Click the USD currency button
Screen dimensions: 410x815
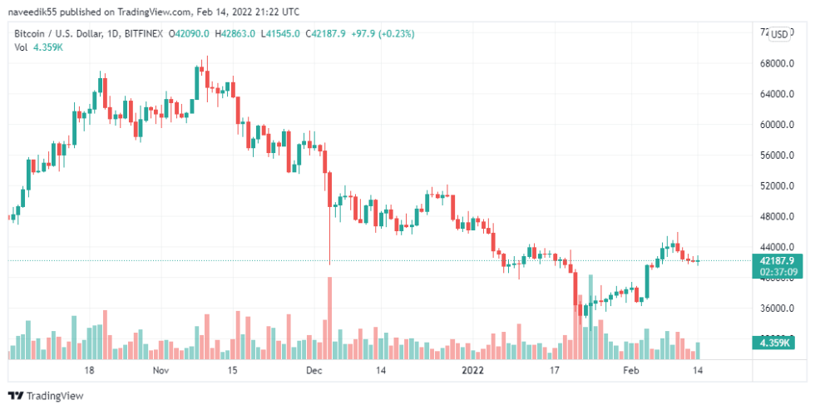(x=779, y=34)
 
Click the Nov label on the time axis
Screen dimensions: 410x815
(x=161, y=369)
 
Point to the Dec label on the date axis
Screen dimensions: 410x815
(x=314, y=369)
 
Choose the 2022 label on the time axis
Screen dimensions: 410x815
(x=472, y=369)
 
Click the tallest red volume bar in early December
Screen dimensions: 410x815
(x=330, y=316)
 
